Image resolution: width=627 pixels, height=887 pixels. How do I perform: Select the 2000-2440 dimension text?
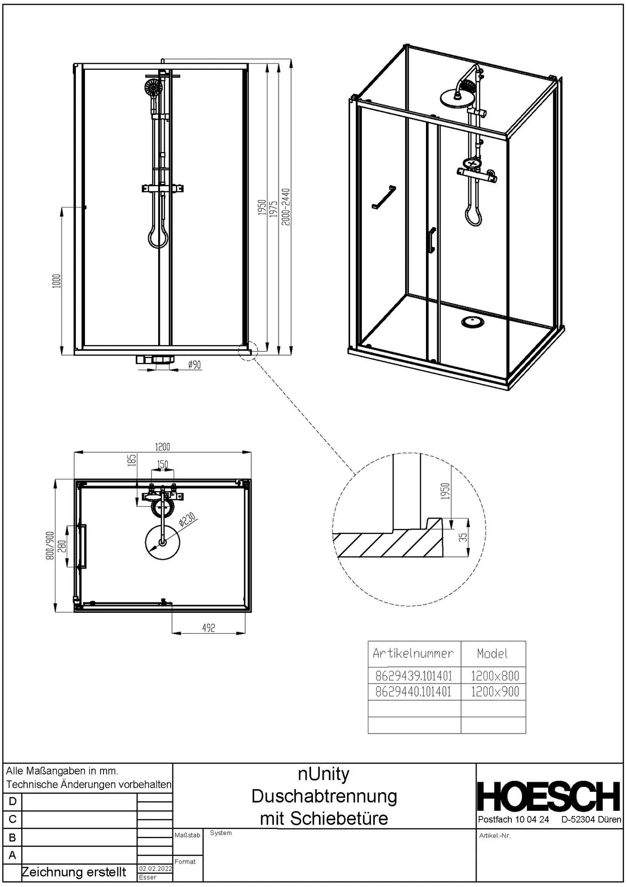[x=286, y=207]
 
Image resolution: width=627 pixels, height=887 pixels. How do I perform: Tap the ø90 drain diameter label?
[x=195, y=365]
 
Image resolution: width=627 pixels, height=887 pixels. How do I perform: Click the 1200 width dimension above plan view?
[x=162, y=447]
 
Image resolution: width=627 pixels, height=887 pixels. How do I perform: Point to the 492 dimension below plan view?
[x=208, y=628]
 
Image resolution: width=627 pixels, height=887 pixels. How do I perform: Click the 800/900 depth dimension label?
[x=50, y=546]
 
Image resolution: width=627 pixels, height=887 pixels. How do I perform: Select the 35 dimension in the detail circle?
[x=463, y=537]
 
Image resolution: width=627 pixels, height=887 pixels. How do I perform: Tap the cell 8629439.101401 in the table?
[x=413, y=676]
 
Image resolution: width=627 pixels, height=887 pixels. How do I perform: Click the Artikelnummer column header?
[x=413, y=653]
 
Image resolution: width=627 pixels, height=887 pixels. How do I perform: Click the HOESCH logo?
[x=549, y=796]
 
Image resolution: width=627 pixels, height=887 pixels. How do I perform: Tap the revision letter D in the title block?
[x=12, y=801]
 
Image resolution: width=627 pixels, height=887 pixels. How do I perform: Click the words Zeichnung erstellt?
[x=74, y=872]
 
